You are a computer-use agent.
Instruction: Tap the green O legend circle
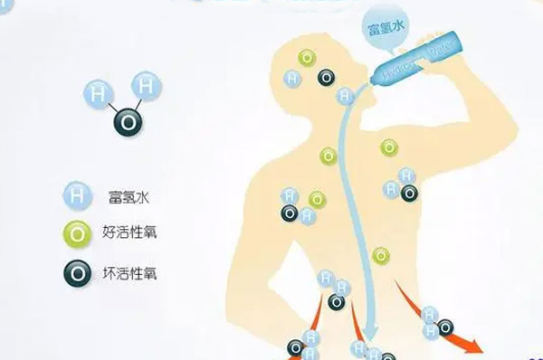click(x=77, y=232)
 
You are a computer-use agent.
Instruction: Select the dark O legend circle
click(x=77, y=272)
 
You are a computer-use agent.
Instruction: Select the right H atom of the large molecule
click(x=147, y=86)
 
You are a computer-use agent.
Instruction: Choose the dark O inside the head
click(x=324, y=79)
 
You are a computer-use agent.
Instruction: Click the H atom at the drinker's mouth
click(x=345, y=95)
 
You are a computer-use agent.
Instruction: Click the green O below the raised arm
click(x=388, y=147)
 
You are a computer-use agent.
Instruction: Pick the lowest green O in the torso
click(x=381, y=256)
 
